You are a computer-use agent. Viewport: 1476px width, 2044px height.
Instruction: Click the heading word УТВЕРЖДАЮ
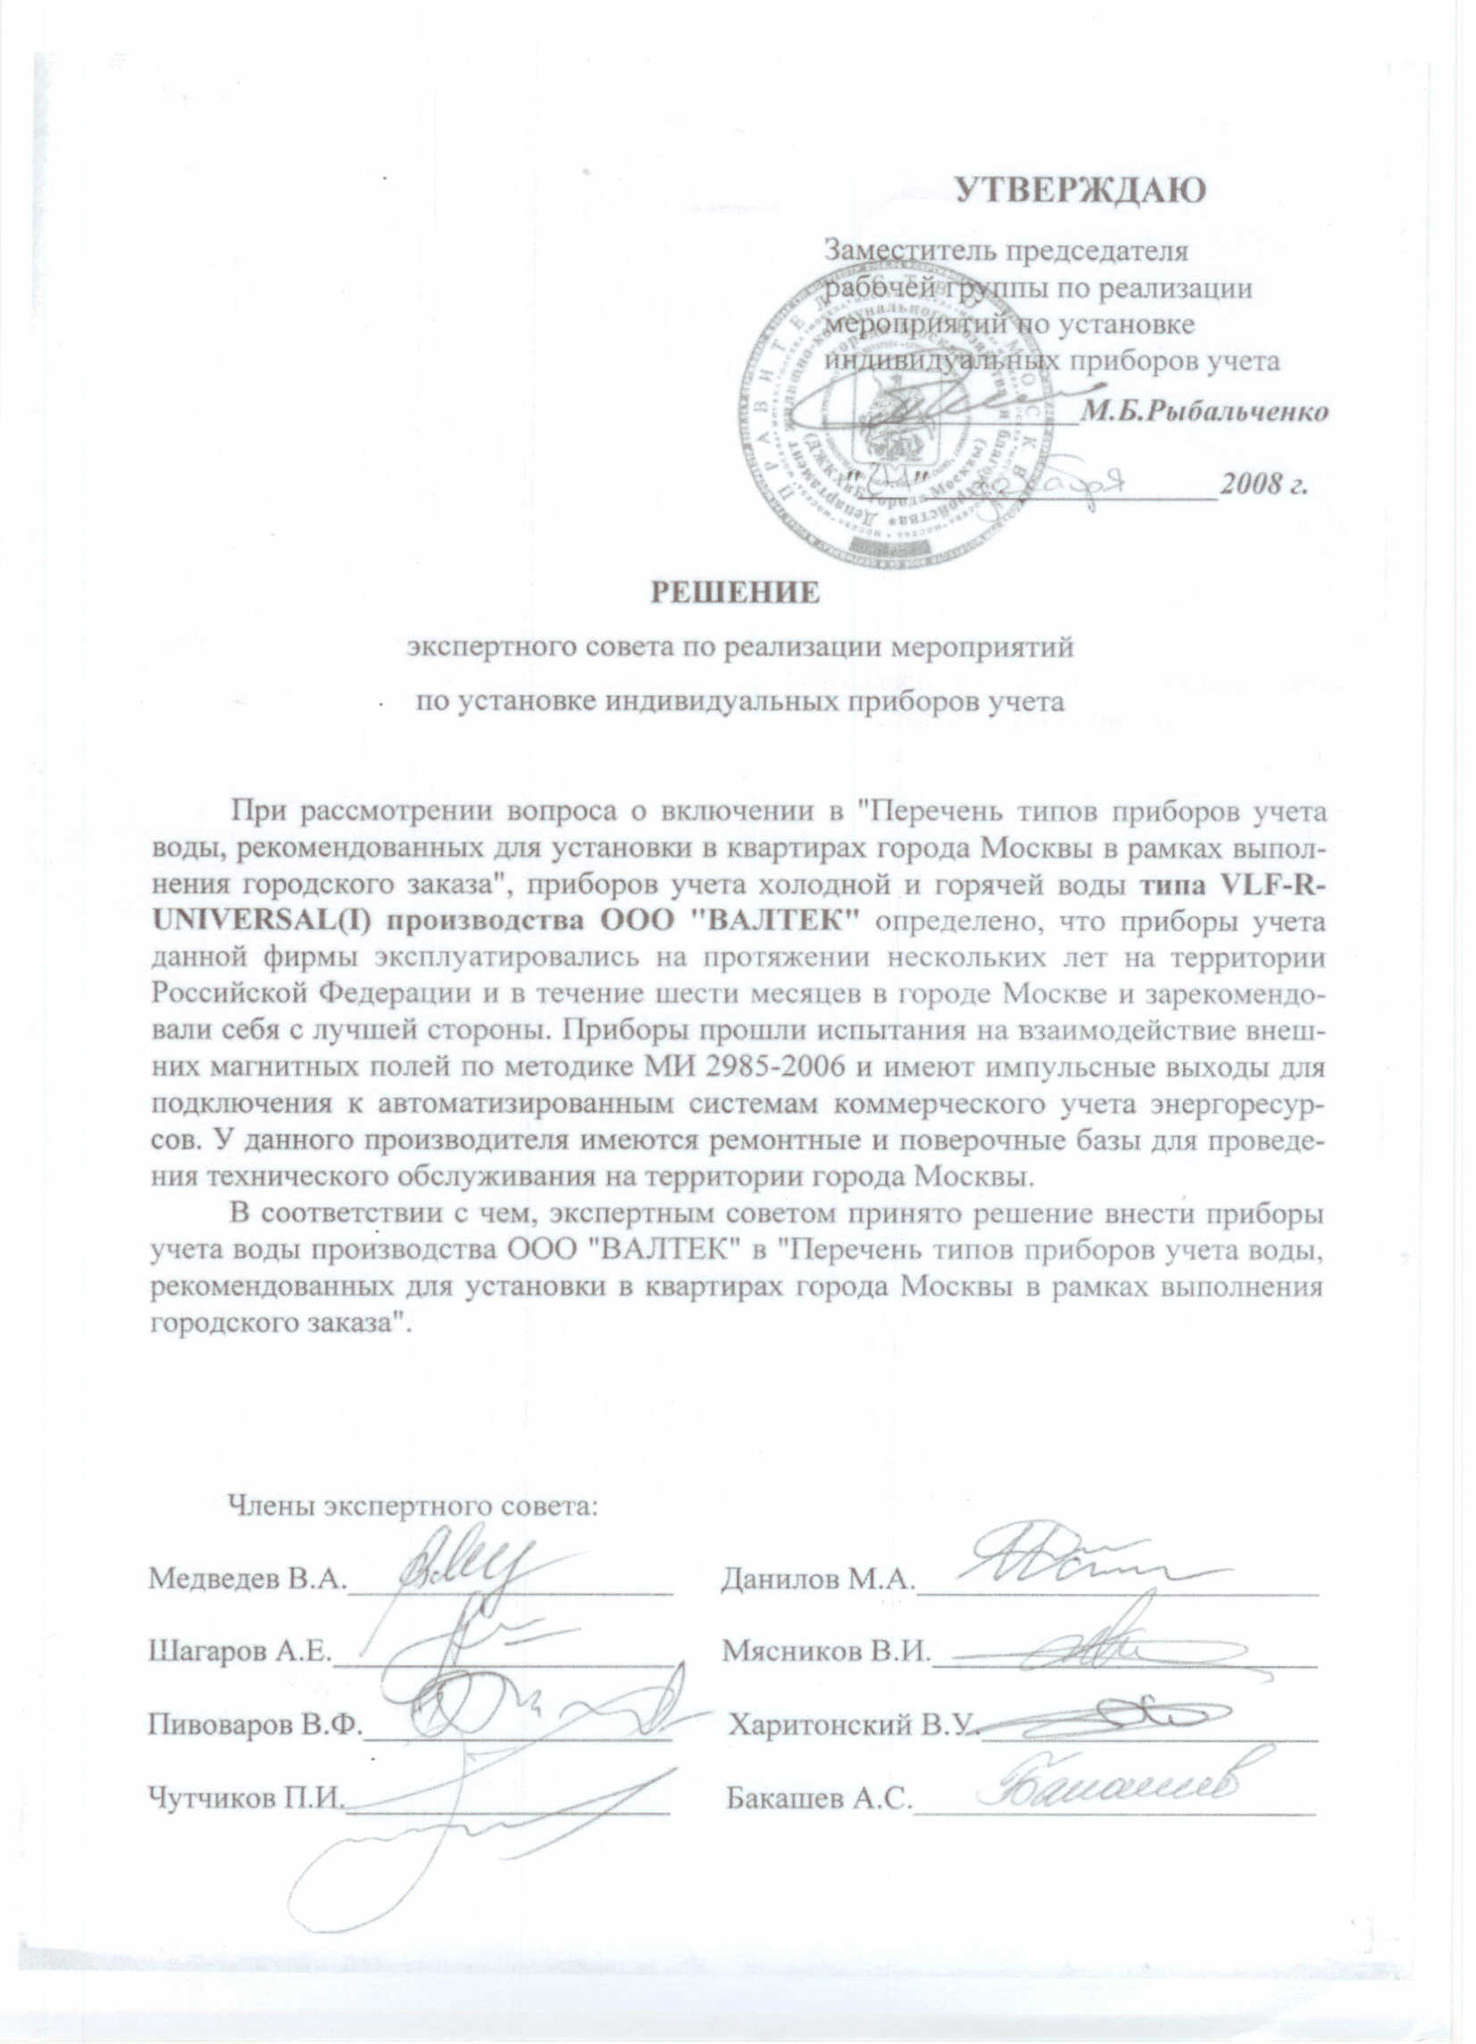pos(1080,191)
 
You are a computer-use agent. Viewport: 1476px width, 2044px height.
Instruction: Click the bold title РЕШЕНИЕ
pos(735,592)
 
